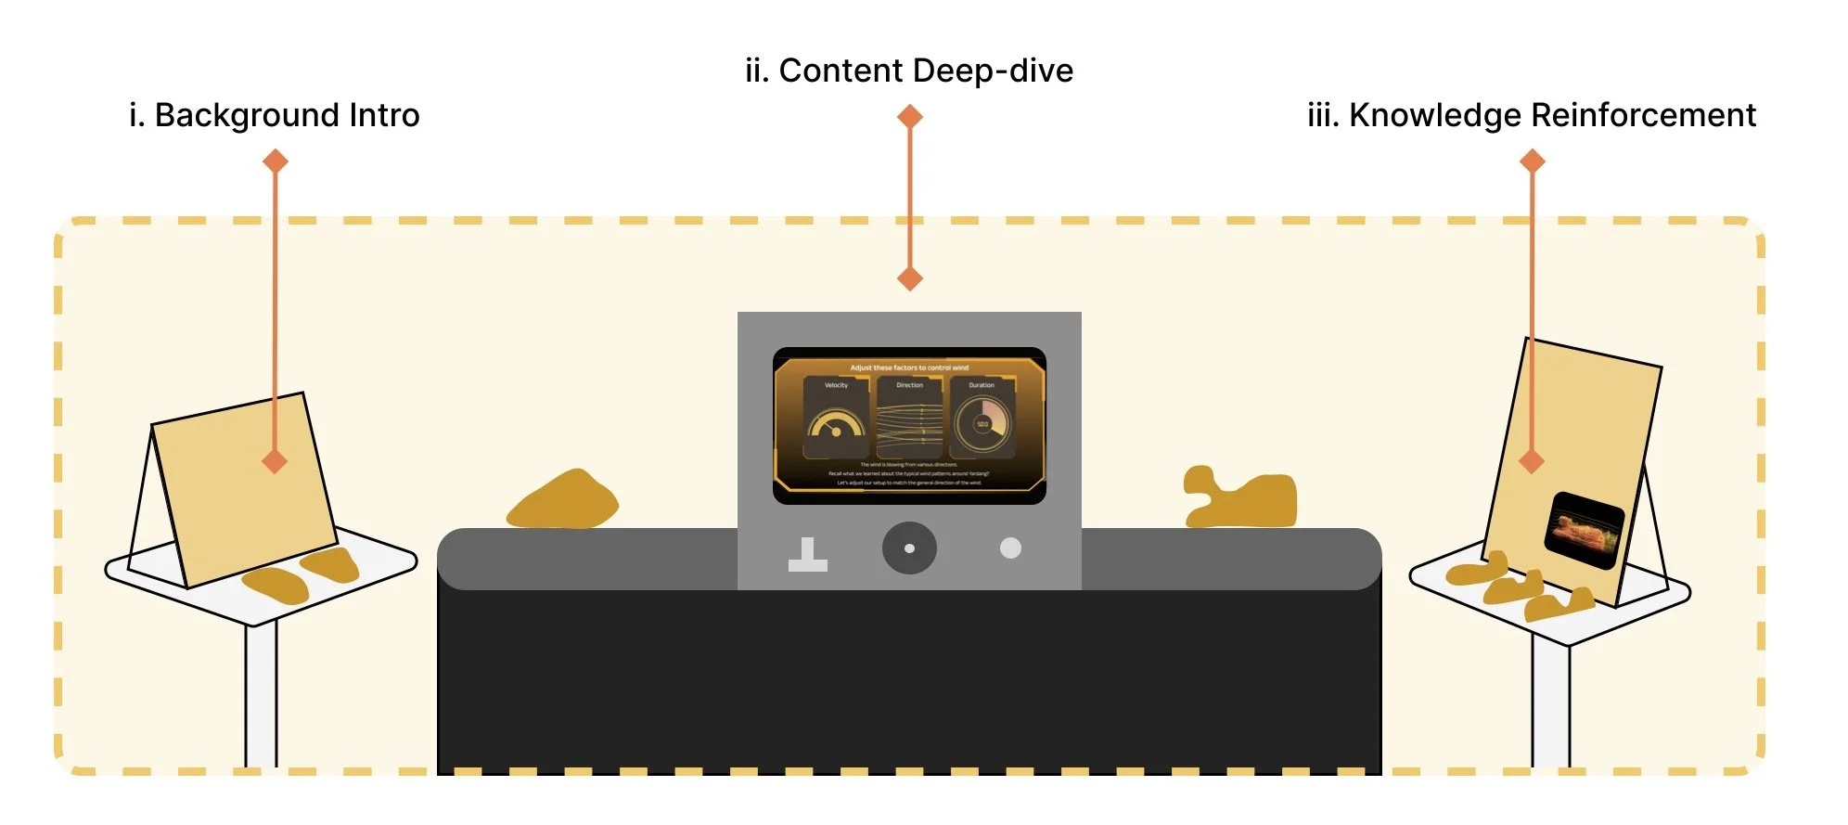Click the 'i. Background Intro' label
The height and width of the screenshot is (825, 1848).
(x=275, y=115)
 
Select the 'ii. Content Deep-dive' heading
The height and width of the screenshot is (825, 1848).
(x=909, y=71)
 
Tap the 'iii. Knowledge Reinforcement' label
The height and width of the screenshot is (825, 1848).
(x=1531, y=115)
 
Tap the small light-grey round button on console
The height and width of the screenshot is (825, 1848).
(x=1010, y=548)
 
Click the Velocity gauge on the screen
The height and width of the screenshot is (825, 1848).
(x=836, y=422)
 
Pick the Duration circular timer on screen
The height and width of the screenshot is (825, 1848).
(x=982, y=422)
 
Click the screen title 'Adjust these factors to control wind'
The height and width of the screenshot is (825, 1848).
(x=909, y=367)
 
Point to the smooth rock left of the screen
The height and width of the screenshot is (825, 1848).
(x=564, y=501)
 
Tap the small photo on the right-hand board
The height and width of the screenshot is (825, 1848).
(x=1584, y=529)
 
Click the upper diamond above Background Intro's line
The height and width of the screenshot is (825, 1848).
(x=275, y=161)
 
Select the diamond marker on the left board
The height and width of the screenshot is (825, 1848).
(x=275, y=461)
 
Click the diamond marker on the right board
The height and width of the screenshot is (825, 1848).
(x=1532, y=460)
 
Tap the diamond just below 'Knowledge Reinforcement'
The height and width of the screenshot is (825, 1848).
(x=1532, y=161)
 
